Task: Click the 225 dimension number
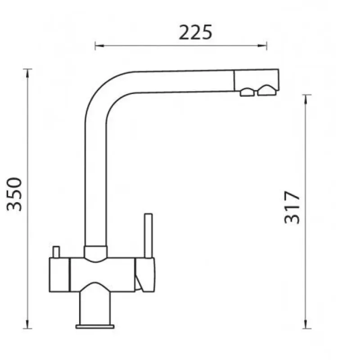[x=195, y=32]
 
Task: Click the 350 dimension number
[x=14, y=194]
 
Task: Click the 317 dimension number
[x=292, y=207]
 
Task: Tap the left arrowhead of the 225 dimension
[x=99, y=46]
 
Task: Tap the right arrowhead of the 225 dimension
[x=262, y=46]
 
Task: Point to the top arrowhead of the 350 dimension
[x=27, y=73]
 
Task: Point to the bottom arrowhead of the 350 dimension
[x=27, y=324]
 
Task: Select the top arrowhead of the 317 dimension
[x=306, y=99]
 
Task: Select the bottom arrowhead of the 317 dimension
[x=306, y=324]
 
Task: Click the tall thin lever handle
[x=148, y=236]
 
